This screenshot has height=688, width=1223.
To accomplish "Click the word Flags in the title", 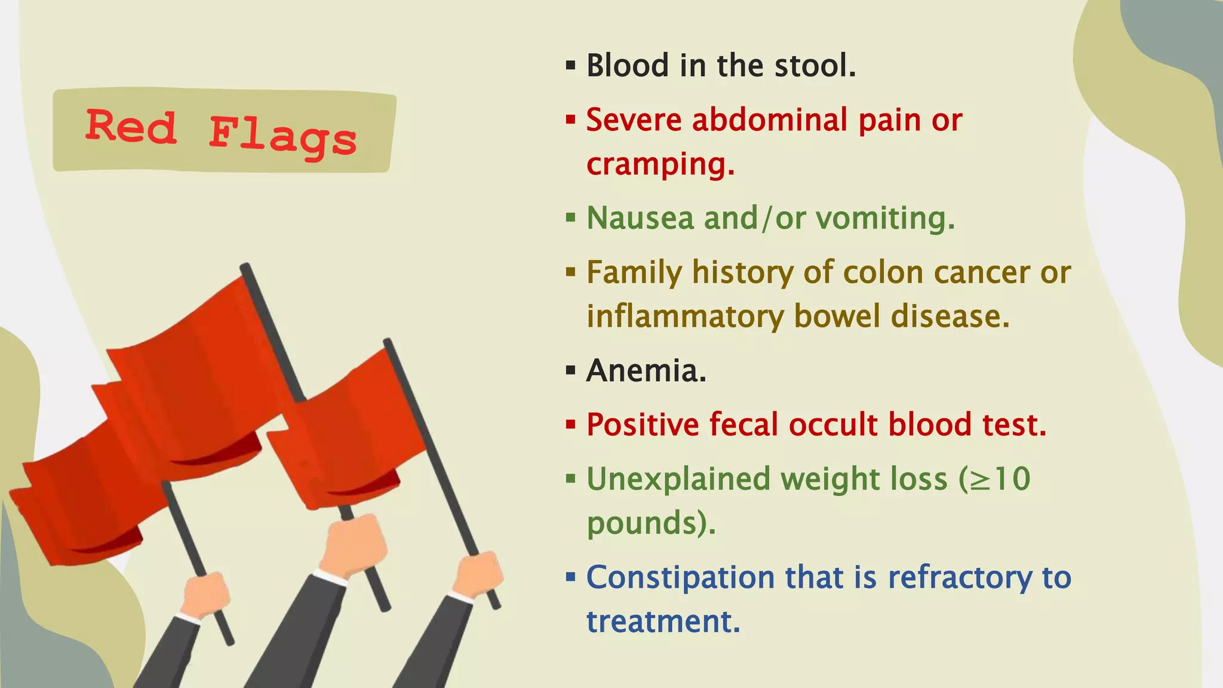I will tap(282, 136).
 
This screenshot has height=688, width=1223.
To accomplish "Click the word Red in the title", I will tap(131, 127).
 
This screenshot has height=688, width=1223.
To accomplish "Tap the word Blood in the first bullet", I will tap(627, 65).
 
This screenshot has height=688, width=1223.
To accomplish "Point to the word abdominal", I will tap(770, 119).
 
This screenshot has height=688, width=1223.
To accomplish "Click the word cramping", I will tap(660, 164).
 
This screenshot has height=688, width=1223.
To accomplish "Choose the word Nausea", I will tap(639, 218).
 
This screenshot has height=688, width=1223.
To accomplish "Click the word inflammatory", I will tap(684, 317).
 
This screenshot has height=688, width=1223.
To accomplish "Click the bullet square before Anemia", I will tap(571, 371).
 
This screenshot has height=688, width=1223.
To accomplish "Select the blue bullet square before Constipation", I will tap(571, 578).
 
